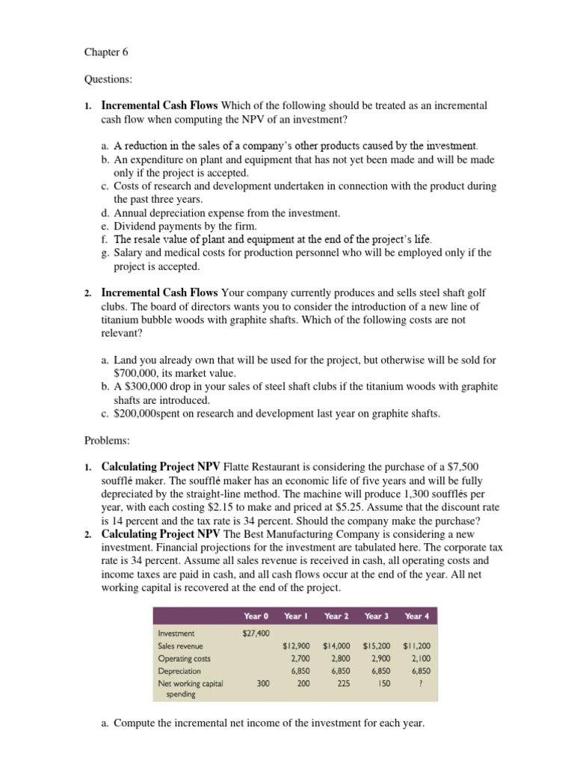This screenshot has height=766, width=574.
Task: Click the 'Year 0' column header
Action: [x=256, y=616]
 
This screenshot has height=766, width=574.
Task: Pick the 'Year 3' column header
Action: [x=377, y=616]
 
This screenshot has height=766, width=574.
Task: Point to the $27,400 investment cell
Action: [x=256, y=633]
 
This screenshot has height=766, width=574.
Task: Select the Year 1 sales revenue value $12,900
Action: [x=297, y=646]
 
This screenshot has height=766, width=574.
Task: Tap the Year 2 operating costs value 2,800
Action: [x=340, y=658]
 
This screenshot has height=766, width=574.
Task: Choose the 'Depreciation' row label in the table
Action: [x=179, y=671]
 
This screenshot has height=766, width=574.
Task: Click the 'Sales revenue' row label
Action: [x=180, y=646]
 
